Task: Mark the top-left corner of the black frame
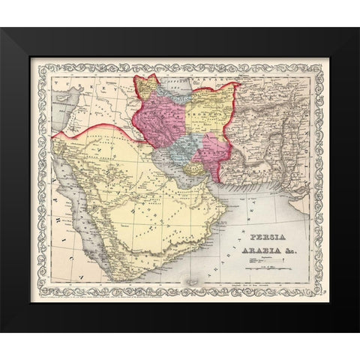2,29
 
